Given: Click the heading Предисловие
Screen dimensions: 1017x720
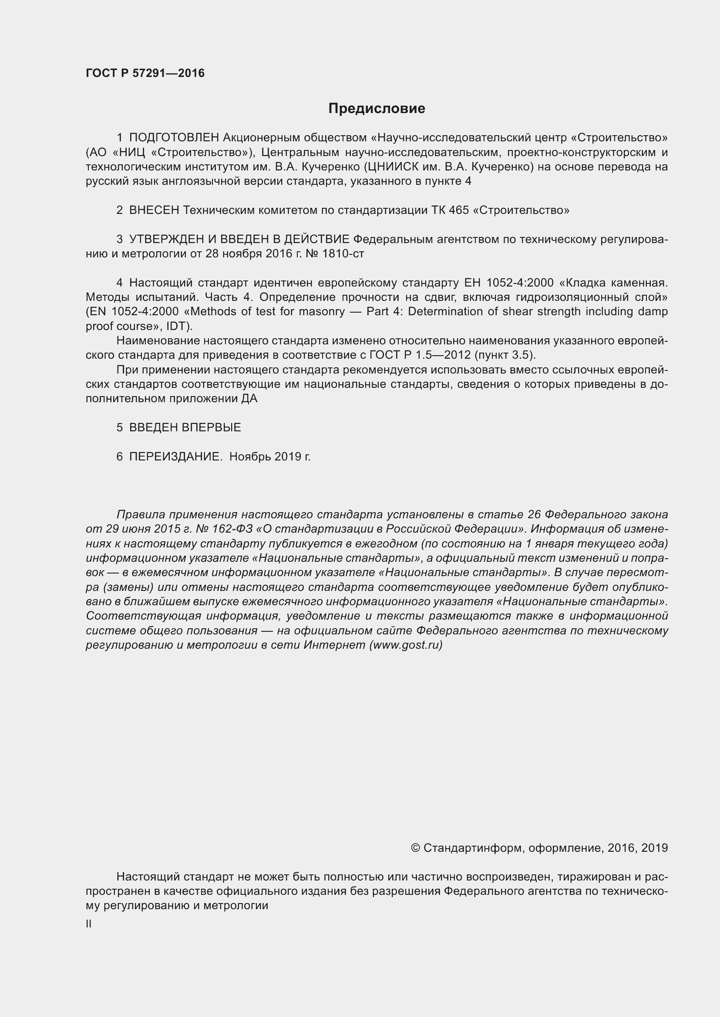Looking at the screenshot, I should coord(377,109).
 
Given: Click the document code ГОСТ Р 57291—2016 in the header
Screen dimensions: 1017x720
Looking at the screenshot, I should coord(145,73).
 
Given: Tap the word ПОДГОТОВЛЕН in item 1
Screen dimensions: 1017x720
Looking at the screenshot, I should coord(174,138).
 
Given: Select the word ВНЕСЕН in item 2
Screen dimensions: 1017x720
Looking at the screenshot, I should coord(154,210).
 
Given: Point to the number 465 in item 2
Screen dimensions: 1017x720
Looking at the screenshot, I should coord(458,210).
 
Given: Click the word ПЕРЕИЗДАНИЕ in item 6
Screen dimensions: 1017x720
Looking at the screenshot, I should coord(175,457).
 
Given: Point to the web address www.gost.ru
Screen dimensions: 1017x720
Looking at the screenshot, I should coord(406,645).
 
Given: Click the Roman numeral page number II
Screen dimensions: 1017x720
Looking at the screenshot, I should coord(89,924).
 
